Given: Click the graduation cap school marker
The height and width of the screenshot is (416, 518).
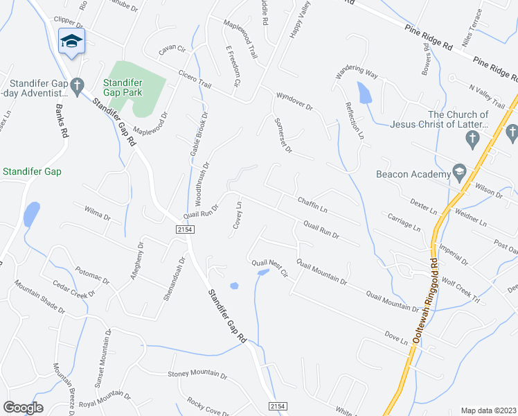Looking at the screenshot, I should (71, 42).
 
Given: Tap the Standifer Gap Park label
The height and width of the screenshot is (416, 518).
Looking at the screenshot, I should (123, 86).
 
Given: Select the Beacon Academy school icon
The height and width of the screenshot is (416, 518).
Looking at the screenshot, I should (458, 171).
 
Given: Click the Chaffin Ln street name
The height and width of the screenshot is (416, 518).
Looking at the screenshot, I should (312, 205).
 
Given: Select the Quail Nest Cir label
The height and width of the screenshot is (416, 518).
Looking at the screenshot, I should (269, 268).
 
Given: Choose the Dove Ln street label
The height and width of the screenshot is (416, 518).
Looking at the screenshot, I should (396, 338).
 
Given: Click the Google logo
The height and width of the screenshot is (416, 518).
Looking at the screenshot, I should (23, 408).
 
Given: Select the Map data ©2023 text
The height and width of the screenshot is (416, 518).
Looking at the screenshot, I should (488, 410).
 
